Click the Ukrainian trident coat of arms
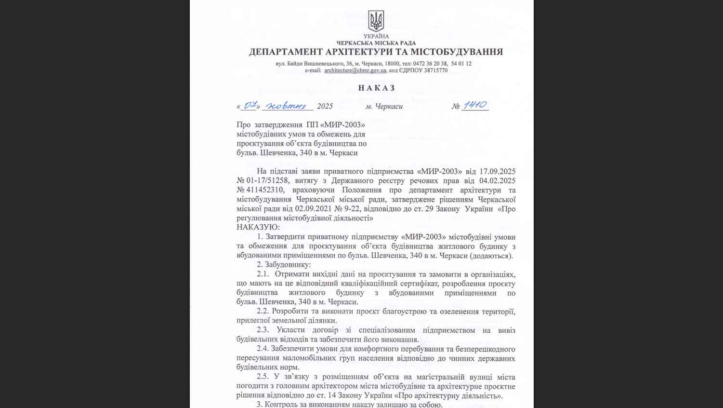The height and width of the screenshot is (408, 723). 376,21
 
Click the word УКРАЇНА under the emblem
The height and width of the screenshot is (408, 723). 376,37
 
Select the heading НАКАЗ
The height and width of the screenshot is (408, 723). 377,88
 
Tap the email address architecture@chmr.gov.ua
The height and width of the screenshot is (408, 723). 355,70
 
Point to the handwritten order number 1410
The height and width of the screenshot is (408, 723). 475,105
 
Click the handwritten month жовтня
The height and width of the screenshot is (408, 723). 287,106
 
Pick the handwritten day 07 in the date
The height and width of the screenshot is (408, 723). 250,105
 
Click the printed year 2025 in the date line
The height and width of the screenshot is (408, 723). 325,106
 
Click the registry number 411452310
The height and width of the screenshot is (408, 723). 265,190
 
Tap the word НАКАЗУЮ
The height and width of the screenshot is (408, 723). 258,227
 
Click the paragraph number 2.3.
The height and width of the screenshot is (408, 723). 263,330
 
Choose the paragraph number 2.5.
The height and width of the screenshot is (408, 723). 263,377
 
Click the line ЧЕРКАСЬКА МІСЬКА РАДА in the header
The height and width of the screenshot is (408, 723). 376,43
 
